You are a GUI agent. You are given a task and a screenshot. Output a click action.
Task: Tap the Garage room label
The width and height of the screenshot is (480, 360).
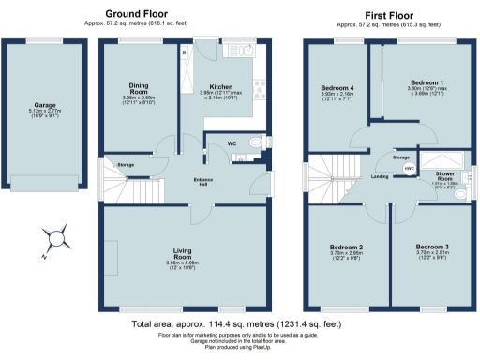click(x=38, y=105)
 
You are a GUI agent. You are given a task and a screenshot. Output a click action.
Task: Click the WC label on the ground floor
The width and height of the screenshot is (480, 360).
click(x=231, y=143)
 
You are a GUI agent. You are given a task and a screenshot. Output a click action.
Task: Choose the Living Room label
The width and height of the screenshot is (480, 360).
click(x=183, y=252)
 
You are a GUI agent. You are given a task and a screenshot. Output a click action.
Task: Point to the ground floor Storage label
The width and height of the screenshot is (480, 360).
click(x=127, y=165)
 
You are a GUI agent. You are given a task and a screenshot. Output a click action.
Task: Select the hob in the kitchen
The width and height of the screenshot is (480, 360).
click(x=247, y=49)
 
